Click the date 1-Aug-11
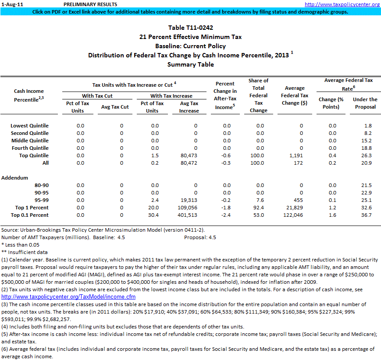click(10, 4)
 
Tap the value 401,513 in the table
click(187, 215)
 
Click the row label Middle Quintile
click(30, 141)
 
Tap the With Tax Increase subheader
click(171, 96)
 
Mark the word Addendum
click(14, 178)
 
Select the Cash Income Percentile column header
click(29, 95)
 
